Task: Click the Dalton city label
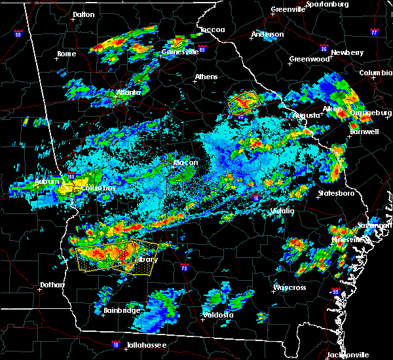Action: click(83, 14)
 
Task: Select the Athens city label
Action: click(206, 77)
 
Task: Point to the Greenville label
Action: click(288, 10)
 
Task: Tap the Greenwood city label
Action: click(309, 59)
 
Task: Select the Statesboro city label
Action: click(335, 194)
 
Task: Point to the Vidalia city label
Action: click(282, 211)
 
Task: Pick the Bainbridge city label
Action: click(122, 310)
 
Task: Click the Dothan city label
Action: click(52, 285)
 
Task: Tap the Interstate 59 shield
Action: click(18, 33)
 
